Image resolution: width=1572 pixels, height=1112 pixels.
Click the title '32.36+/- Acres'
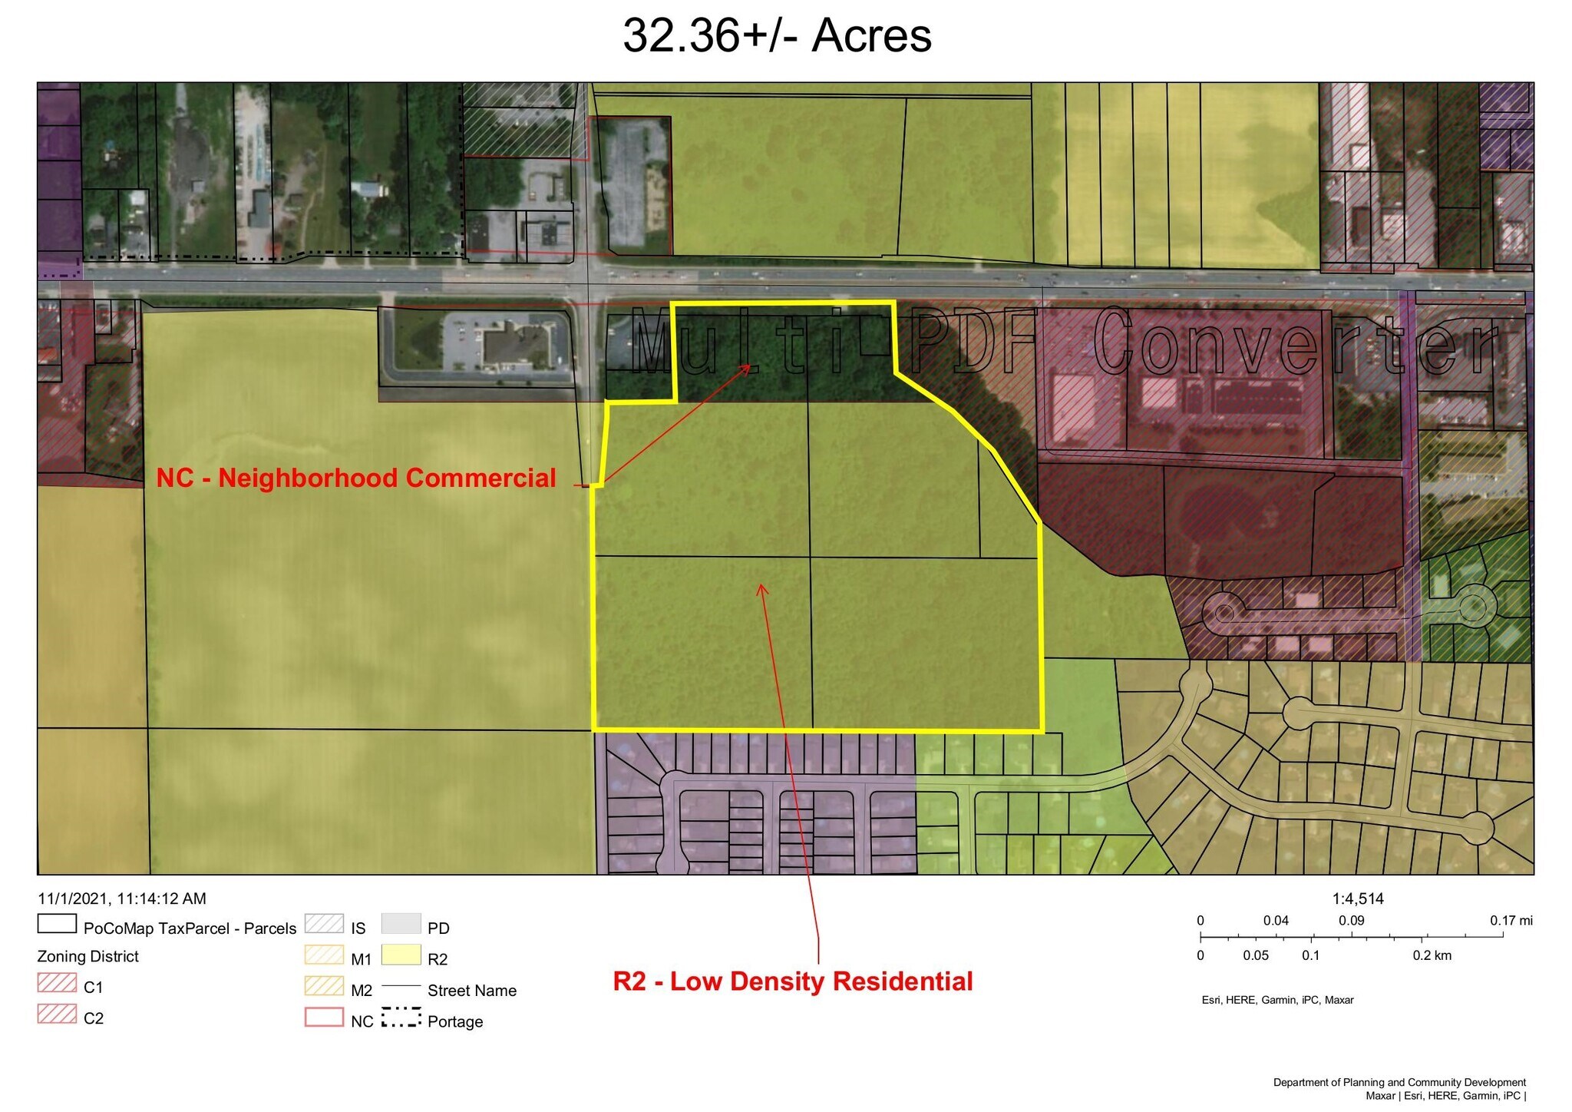click(777, 35)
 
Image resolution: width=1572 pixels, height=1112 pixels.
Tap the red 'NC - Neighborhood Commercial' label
click(356, 478)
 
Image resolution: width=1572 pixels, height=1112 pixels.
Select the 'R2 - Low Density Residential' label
click(793, 981)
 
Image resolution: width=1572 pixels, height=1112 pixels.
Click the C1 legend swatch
click(57, 983)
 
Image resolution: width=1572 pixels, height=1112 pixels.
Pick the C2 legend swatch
click(57, 1014)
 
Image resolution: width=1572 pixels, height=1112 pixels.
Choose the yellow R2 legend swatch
click(401, 955)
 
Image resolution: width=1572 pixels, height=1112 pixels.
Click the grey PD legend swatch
click(401, 923)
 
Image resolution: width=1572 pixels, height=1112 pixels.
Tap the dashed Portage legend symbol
click(401, 1018)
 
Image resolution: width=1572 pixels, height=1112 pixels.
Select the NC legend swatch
click(324, 1017)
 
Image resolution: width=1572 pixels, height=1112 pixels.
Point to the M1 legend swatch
click(324, 955)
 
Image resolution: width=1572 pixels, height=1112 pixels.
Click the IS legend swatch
click(324, 923)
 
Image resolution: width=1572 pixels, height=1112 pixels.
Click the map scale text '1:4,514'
click(1358, 899)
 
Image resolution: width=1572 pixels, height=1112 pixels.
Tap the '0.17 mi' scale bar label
click(1511, 920)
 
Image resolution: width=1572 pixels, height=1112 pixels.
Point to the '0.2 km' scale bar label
click(1432, 955)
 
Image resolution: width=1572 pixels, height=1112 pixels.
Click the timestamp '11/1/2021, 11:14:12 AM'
click(122, 899)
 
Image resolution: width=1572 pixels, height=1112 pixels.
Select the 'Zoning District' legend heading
click(88, 956)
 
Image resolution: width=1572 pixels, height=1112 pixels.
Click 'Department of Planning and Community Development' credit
click(1399, 1082)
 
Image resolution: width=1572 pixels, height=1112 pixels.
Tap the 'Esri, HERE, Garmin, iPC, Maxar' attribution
click(1277, 1000)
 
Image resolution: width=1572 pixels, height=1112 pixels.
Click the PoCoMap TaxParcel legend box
click(57, 923)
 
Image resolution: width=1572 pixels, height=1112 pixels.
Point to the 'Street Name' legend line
click(401, 987)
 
